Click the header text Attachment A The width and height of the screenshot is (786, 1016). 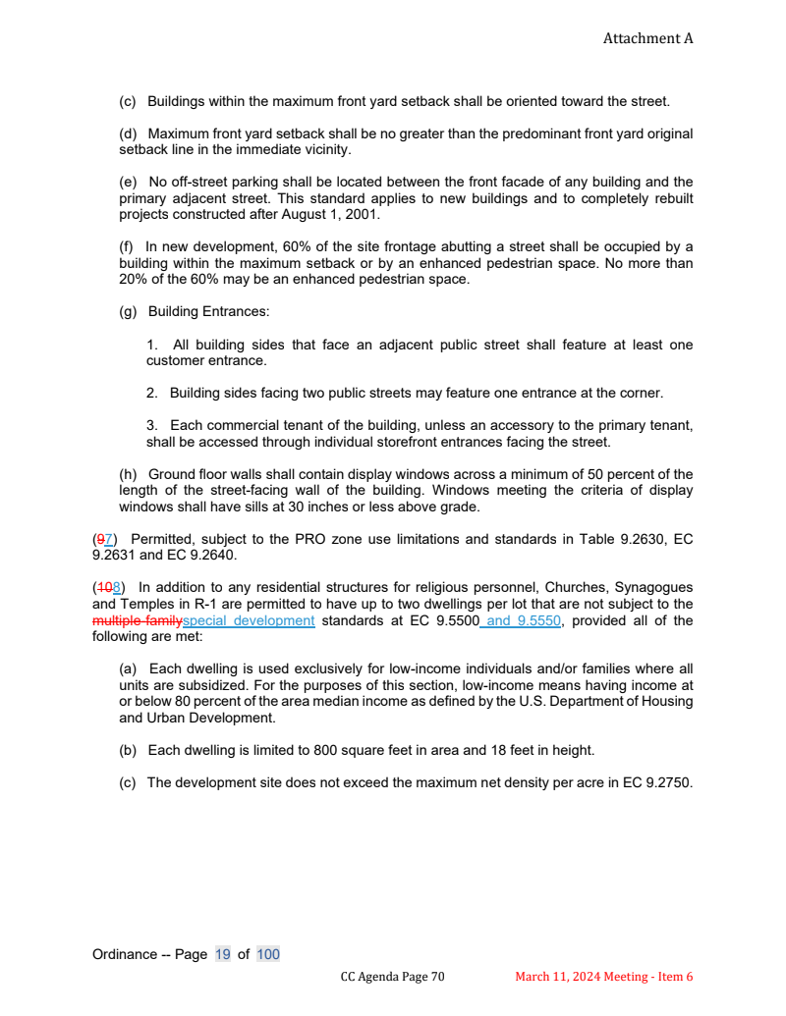point(647,38)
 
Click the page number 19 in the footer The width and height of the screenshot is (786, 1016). point(223,954)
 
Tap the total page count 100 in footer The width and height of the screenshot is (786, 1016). point(268,954)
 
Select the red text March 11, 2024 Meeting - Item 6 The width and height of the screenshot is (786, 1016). point(604,977)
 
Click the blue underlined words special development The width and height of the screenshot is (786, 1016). point(249,620)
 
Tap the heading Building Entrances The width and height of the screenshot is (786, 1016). point(208,312)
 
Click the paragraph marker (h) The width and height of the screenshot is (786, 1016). point(128,475)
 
